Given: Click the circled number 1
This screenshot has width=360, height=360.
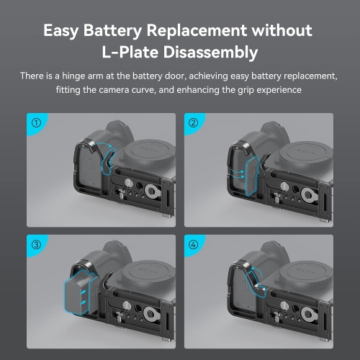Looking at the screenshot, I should tap(36, 122).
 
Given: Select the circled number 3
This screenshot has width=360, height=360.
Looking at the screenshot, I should tap(36, 244).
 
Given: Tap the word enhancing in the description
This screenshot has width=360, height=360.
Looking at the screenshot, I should tap(220, 90).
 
